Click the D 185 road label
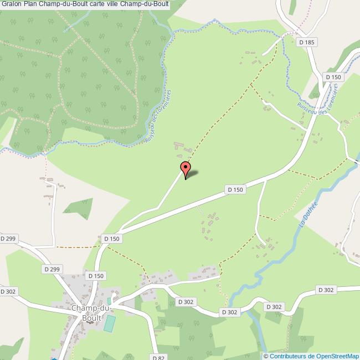(x=306, y=42)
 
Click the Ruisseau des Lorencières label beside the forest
(x=158, y=117)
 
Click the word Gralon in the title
(x=11, y=6)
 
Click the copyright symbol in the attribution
(x=266, y=356)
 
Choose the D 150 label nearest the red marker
(x=235, y=189)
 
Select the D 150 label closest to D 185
(x=334, y=77)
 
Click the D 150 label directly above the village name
(x=95, y=275)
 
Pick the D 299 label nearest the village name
(x=51, y=269)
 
